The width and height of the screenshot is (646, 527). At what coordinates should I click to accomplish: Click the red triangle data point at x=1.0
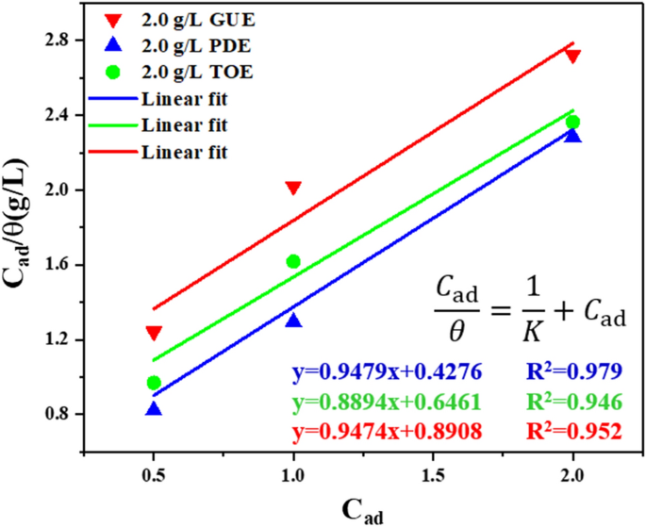tap(293, 189)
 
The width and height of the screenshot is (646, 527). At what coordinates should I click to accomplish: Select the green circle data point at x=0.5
tap(154, 383)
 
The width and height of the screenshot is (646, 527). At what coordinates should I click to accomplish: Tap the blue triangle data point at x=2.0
tap(572, 136)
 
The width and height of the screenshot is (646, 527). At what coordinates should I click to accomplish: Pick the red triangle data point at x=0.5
tap(154, 333)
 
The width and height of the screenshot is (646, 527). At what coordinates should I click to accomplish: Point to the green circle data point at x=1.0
tap(293, 261)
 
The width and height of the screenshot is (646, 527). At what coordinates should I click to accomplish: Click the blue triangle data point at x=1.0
tap(293, 321)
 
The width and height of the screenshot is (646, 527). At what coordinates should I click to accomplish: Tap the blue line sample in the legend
tap(111, 98)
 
